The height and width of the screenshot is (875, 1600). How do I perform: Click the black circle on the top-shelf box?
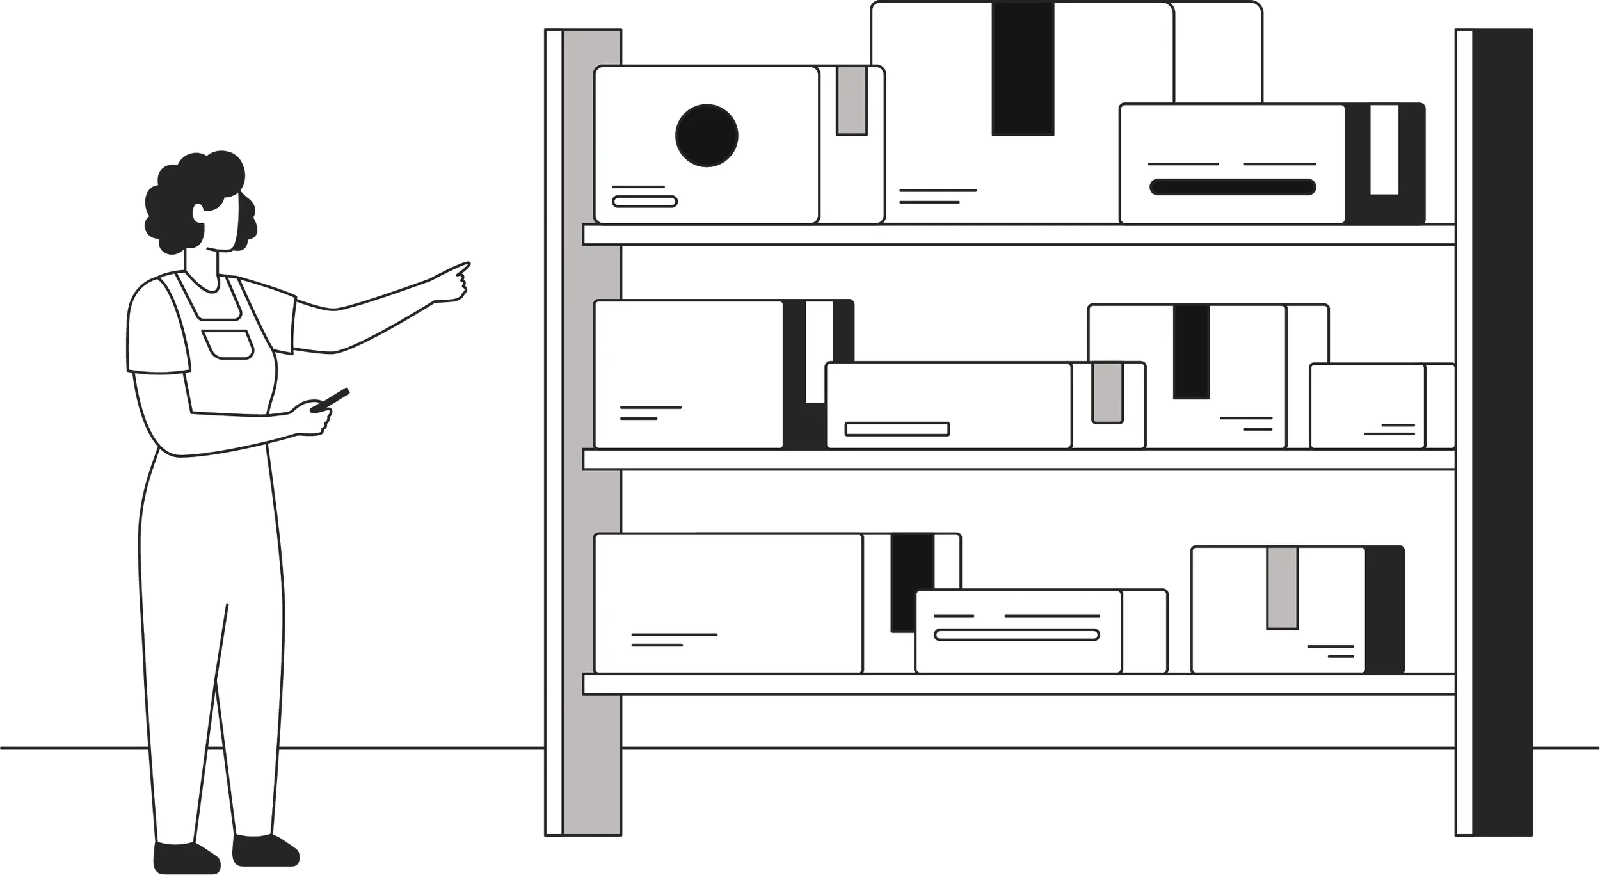(x=707, y=135)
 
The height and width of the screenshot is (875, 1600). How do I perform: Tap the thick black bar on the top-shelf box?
(x=1232, y=187)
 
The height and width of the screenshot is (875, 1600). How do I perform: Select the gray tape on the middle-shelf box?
(x=1107, y=392)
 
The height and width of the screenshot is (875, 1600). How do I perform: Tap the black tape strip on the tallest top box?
(x=1022, y=69)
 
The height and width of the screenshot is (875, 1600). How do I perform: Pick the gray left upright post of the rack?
(x=591, y=448)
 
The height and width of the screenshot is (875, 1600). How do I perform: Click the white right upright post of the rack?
(x=1464, y=448)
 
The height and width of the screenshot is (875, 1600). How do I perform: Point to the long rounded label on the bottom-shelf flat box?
(x=1016, y=635)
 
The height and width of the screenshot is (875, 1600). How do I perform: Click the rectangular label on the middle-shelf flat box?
(x=897, y=429)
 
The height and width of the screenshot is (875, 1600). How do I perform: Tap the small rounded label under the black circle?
(x=644, y=202)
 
